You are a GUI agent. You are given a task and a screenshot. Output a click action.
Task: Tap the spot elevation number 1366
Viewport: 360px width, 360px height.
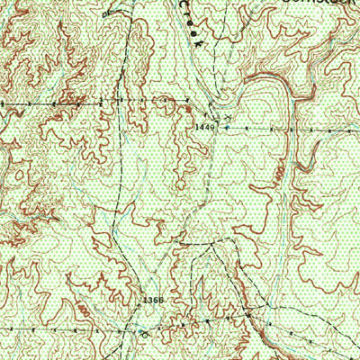pos(152,298)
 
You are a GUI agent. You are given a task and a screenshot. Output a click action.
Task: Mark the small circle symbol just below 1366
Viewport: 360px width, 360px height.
pos(144,330)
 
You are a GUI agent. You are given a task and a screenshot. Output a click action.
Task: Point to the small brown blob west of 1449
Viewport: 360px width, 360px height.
pos(187,109)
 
